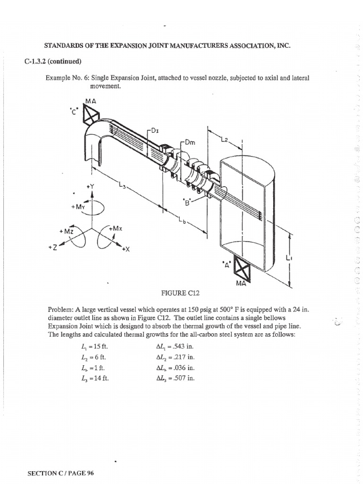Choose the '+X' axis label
pyautogui.click(x=125, y=249)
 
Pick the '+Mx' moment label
pyautogui.click(x=116, y=228)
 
